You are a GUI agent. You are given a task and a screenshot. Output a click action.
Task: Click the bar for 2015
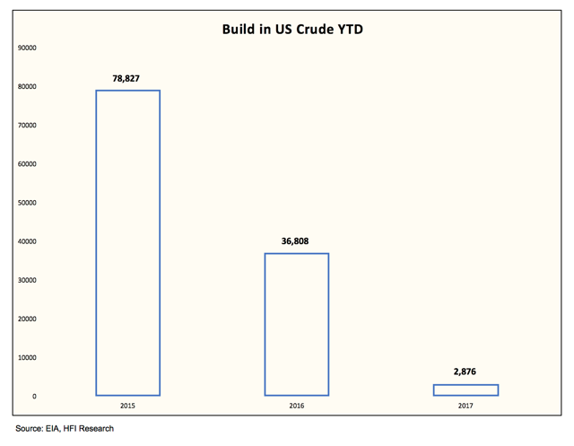point(127,242)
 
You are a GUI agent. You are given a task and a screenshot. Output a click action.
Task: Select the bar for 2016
point(296,324)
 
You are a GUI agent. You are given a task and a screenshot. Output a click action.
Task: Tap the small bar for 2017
point(465,389)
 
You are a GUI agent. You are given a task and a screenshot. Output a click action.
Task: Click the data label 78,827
point(127,77)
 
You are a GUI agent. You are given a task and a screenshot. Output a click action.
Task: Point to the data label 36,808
point(296,240)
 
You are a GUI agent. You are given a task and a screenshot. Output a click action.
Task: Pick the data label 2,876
point(465,372)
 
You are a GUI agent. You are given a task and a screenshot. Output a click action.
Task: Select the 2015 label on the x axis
point(127,407)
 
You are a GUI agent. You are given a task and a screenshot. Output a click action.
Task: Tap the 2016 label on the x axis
point(296,407)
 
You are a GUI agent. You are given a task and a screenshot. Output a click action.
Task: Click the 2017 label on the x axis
point(465,407)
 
